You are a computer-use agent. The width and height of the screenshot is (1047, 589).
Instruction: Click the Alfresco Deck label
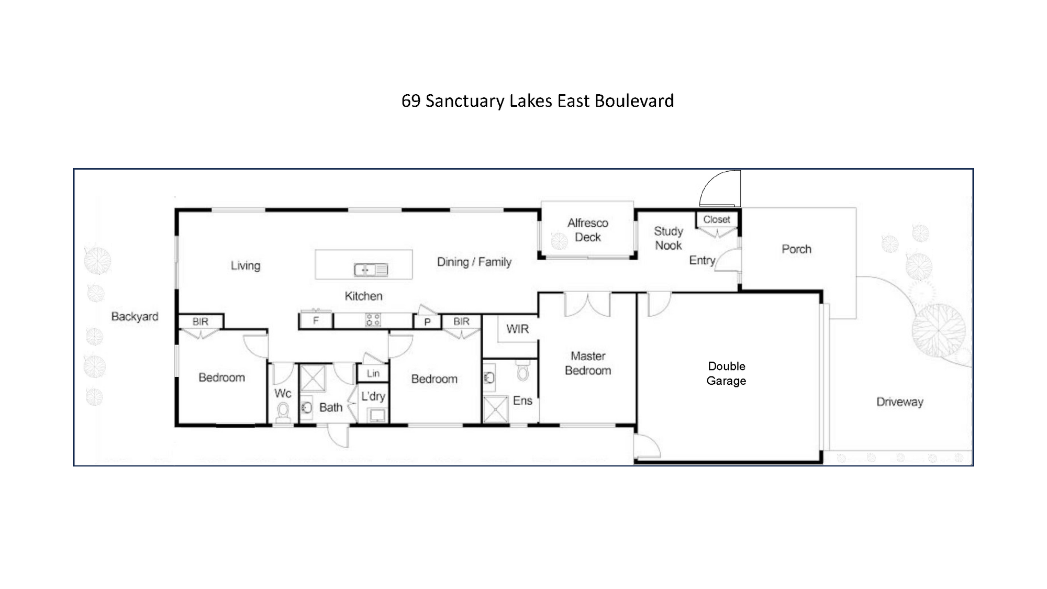click(587, 230)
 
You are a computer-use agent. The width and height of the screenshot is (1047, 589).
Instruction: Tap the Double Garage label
click(726, 373)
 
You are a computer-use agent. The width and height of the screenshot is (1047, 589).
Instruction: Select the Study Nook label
click(669, 238)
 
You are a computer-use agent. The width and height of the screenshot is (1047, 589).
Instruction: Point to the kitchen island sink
click(371, 270)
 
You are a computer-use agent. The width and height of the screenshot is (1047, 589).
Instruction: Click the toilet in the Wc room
click(283, 413)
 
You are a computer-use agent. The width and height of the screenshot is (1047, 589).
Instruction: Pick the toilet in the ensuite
click(522, 371)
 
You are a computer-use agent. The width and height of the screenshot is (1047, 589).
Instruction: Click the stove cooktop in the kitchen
click(373, 320)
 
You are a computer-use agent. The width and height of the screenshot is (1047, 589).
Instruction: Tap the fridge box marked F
click(316, 320)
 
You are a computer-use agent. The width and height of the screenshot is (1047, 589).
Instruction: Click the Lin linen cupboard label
click(373, 373)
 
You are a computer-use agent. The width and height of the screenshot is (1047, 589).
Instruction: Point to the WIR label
click(517, 329)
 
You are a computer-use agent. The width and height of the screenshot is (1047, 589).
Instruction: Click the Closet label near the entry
click(716, 219)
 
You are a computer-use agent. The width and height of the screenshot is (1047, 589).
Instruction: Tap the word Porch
click(796, 249)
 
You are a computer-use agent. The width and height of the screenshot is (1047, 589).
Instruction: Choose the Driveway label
click(899, 402)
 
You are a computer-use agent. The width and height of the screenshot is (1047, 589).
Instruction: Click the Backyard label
click(135, 317)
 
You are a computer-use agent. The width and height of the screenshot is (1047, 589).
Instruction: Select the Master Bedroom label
click(588, 363)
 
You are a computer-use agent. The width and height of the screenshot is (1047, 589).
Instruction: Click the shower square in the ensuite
click(495, 409)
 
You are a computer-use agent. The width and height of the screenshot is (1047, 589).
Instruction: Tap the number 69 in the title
click(411, 101)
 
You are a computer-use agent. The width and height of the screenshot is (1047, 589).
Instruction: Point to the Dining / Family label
click(474, 262)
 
